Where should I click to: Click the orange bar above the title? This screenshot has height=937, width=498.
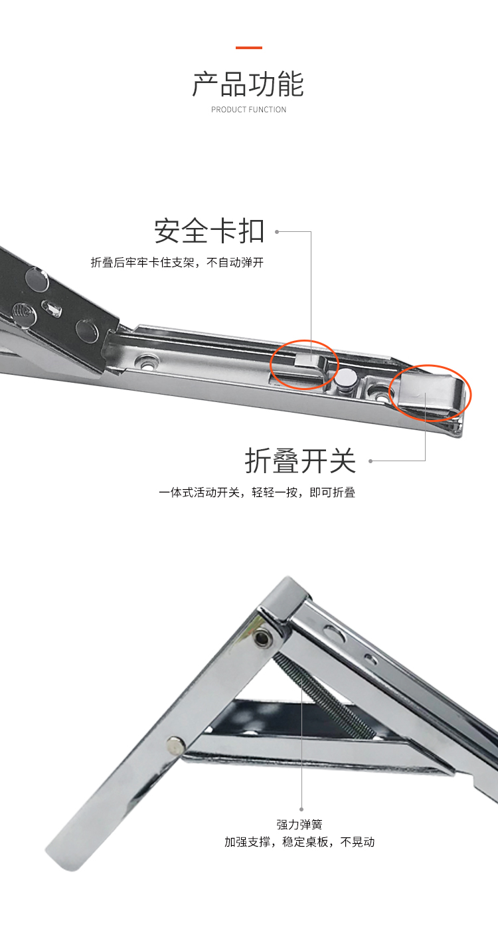(249, 48)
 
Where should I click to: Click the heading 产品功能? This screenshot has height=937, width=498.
(248, 84)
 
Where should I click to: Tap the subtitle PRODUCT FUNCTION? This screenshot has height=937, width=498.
(249, 110)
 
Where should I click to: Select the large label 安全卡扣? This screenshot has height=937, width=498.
(209, 231)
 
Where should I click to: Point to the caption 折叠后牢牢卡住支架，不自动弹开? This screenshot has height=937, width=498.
(177, 262)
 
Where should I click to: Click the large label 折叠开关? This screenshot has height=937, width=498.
(300, 461)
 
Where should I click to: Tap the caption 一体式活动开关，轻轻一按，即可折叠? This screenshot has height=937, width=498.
(257, 492)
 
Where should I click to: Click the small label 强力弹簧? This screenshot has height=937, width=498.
(299, 825)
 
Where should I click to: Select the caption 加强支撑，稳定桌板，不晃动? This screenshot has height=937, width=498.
(299, 841)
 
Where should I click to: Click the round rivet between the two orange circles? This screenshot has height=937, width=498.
(346, 379)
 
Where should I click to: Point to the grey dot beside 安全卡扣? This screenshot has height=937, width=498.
(277, 231)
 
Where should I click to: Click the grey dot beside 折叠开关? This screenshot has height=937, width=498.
(370, 461)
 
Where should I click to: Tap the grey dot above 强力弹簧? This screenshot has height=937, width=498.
(301, 809)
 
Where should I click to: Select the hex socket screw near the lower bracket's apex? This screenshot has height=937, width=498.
(262, 639)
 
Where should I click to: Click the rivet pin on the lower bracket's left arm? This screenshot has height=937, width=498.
(175, 746)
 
